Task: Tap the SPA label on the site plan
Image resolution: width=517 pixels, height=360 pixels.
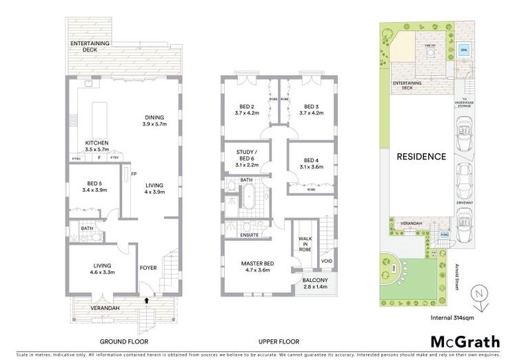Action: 463,50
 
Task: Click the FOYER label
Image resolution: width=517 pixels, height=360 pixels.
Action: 148,267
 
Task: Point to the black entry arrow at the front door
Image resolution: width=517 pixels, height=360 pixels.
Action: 145,300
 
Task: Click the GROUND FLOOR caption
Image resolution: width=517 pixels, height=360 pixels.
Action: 123,341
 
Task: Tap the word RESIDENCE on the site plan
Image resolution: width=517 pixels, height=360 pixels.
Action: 421,156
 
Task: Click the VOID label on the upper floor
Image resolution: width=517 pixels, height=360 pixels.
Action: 326,261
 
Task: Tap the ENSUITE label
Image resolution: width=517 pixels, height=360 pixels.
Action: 249,235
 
